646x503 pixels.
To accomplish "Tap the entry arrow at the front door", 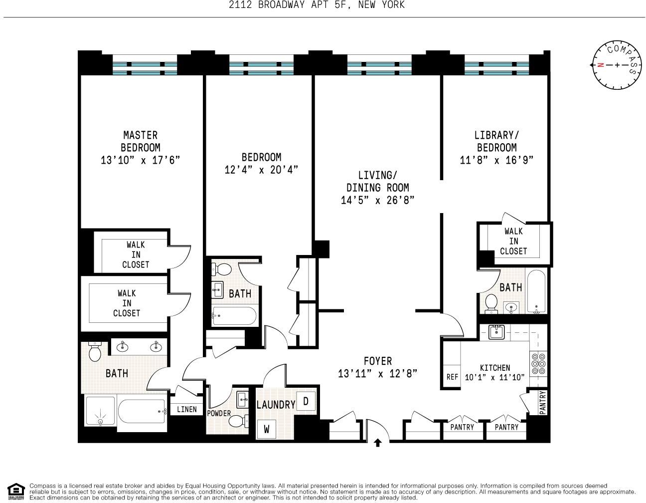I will [x=378, y=442].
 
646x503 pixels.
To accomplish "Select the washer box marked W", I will [x=267, y=429].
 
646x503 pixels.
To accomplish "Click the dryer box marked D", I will [x=306, y=401].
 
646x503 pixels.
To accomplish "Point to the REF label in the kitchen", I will [x=452, y=377].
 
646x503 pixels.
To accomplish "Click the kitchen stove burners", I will [x=538, y=364].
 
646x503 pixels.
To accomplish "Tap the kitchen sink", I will [x=495, y=332].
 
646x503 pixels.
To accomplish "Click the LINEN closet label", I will [x=186, y=409].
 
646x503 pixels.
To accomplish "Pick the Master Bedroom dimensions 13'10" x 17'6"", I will [x=140, y=160].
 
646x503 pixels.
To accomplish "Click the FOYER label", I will [x=377, y=361].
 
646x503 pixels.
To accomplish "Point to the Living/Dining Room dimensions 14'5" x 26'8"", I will [x=377, y=200].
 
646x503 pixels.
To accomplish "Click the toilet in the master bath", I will [x=95, y=352].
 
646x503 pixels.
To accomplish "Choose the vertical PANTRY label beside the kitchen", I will [x=542, y=402].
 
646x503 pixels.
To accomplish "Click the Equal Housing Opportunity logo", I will [x=16, y=492].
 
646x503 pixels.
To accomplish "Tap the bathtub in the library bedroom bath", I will [x=536, y=292].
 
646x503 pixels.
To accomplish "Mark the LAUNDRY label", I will [x=276, y=405].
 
